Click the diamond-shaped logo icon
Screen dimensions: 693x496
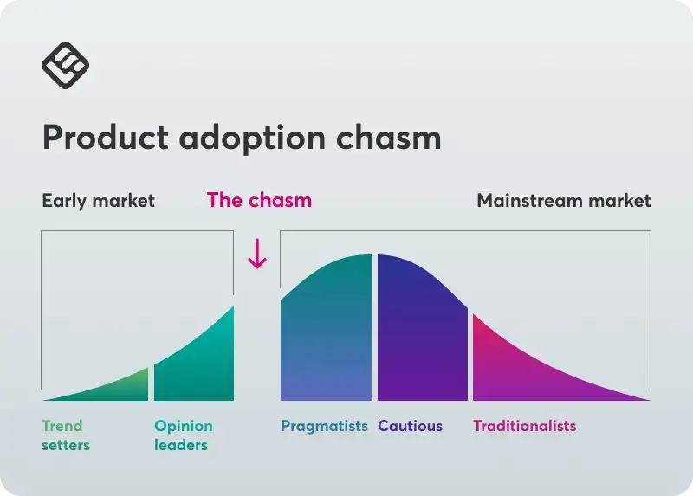pyautogui.click(x=66, y=66)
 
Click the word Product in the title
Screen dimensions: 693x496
pyautogui.click(x=106, y=137)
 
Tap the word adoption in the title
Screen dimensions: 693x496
pyautogui.click(x=252, y=138)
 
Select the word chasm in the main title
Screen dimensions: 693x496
pyautogui.click(x=388, y=137)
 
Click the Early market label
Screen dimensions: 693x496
pyautogui.click(x=98, y=201)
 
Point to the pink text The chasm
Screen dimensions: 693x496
pyautogui.click(x=259, y=200)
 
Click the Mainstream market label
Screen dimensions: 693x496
pyautogui.click(x=564, y=201)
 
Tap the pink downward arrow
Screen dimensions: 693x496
pyautogui.click(x=257, y=254)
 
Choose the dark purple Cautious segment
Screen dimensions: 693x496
pyautogui.click(x=422, y=332)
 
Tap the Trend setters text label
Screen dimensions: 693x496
pyautogui.click(x=66, y=435)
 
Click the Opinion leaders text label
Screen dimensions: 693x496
pyautogui.click(x=184, y=435)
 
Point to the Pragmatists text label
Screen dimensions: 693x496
pyautogui.click(x=324, y=427)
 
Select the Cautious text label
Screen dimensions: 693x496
pyautogui.click(x=410, y=426)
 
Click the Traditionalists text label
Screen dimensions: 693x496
pyautogui.click(x=525, y=426)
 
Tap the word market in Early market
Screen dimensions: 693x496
pyautogui.click(x=123, y=201)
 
